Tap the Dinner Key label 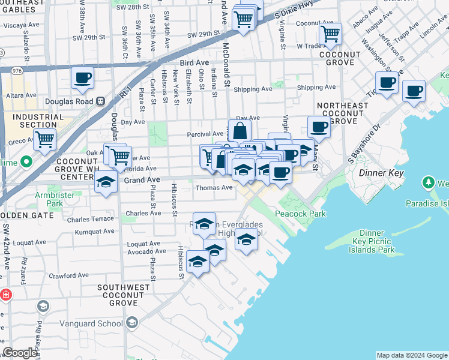381,173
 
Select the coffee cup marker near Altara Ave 83,78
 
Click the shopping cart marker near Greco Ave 45,140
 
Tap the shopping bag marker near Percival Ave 240,130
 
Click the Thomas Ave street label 214,188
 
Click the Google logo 20,353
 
